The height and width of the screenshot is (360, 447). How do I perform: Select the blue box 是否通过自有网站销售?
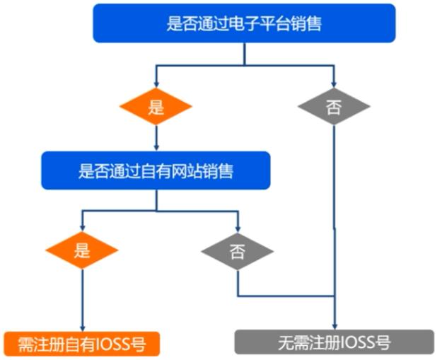pos(156,170)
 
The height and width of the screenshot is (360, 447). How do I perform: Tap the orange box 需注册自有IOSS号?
pos(82,344)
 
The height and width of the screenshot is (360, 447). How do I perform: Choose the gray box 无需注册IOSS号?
pos(334,343)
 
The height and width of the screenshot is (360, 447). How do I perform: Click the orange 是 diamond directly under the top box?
pos(156,108)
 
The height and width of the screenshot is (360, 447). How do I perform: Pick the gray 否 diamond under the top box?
pos(334,108)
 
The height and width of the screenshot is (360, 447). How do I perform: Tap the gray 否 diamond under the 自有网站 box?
pos(237,252)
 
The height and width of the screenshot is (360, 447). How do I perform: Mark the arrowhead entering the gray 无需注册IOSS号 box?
pos(334,326)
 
